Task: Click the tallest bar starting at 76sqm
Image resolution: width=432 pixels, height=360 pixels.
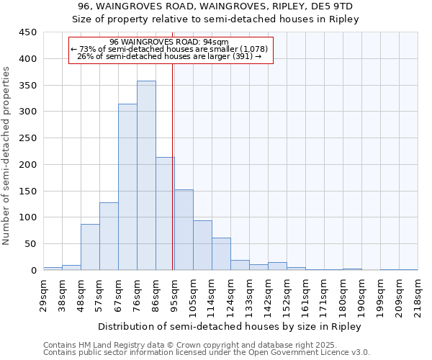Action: [x=146, y=176]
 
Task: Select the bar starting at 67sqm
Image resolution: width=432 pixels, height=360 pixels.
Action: [x=127, y=187]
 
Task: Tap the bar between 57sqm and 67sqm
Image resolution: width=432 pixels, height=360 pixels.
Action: [x=109, y=236]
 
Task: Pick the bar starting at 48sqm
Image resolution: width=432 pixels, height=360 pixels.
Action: [x=90, y=247]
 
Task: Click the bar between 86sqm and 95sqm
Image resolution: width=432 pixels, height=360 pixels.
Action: [x=165, y=214]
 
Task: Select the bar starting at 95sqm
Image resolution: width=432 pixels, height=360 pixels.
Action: [x=184, y=230]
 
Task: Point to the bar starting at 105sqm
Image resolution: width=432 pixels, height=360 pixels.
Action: [x=202, y=246]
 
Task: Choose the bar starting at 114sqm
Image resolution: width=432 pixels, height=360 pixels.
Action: [x=221, y=254]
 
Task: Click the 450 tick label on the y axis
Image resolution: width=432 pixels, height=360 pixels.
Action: [x=28, y=32]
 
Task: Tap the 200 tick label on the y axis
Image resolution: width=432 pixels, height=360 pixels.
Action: [x=28, y=165]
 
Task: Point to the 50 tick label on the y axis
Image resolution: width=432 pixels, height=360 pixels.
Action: [x=31, y=244]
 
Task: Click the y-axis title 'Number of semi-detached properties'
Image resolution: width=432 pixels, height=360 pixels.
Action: [x=7, y=156]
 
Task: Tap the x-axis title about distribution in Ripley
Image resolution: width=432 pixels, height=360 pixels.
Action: [x=229, y=326]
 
